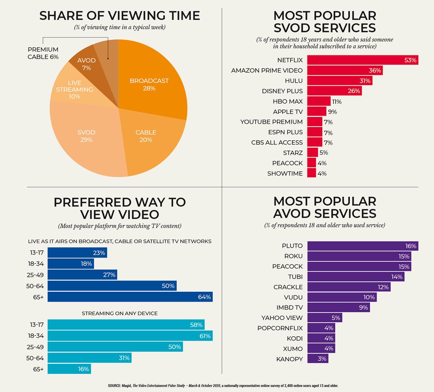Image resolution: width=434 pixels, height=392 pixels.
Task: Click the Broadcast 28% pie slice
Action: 152,80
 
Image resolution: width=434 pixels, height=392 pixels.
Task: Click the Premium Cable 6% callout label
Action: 43,53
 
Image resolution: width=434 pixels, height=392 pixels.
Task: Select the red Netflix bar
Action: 362,60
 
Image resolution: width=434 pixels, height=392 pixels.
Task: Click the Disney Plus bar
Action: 334,91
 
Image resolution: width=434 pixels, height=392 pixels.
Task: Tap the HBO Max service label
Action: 288,101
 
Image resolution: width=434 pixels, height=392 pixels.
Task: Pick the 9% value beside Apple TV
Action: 332,112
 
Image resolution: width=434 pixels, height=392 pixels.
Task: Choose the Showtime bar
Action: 311,173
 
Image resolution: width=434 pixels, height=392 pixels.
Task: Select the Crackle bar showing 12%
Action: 349,287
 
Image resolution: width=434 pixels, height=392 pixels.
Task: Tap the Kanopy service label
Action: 289,359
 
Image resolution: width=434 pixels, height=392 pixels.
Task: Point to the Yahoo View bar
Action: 324,318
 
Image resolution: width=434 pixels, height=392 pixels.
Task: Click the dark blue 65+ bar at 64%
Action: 130,297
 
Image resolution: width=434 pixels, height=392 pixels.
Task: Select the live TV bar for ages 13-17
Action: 77,253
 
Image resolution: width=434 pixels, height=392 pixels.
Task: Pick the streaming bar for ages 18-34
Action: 130,336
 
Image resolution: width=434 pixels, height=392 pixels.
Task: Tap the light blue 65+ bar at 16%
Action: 69,369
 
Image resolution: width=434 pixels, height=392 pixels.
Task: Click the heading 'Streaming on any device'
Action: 120,313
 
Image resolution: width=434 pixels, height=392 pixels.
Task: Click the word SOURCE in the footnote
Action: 115,386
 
